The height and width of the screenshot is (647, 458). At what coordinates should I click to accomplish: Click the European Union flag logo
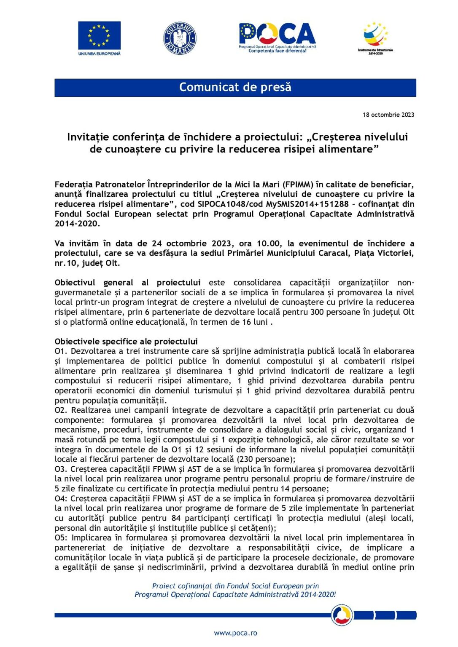99,36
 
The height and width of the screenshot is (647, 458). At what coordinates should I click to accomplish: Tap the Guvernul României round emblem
180,38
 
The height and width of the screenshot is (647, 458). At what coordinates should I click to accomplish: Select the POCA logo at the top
277,37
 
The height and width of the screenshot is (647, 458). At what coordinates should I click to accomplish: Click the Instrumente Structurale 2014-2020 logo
375,37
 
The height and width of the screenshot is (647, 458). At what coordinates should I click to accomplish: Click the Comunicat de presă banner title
235,87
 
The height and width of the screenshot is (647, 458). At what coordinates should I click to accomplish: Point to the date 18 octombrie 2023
388,115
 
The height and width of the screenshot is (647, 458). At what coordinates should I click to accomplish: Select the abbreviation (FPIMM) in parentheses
298,184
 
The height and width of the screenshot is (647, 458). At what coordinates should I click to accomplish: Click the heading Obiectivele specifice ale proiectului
126,342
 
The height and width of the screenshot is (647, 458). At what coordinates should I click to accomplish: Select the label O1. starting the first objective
61,351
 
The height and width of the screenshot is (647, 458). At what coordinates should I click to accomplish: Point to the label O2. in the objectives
61,410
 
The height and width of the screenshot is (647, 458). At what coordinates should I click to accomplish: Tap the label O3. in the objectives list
61,469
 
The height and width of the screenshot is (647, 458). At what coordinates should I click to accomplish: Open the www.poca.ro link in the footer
235,633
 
